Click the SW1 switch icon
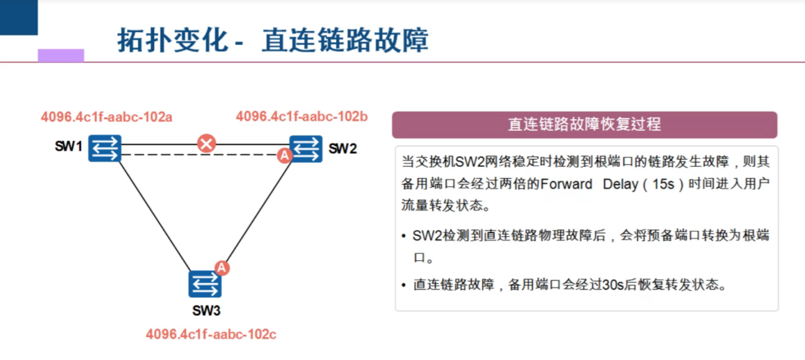point(105,148)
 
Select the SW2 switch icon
point(306,149)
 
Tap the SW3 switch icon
point(205,284)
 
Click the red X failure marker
point(207,143)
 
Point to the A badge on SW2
point(284,155)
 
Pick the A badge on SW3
point(221,267)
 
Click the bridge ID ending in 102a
point(106,117)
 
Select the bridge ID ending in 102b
point(302,117)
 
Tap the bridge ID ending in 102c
point(211,334)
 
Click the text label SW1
point(69,147)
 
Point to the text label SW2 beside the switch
point(343,149)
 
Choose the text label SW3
point(206,311)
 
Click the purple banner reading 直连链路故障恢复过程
point(584,125)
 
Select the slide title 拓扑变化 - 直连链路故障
point(273,40)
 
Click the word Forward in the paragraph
point(566,184)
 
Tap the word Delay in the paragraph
point(620,184)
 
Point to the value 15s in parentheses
point(663,184)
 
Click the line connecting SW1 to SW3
point(154,214)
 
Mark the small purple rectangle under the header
point(61,55)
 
